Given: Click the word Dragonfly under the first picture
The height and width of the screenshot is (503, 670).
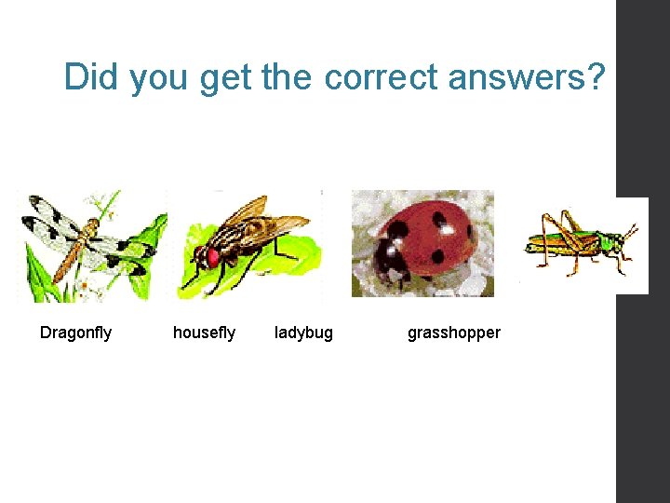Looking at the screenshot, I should click(75, 333).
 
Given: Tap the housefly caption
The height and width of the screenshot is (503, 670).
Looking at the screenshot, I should click(204, 333).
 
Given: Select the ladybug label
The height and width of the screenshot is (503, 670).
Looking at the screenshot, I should click(303, 333).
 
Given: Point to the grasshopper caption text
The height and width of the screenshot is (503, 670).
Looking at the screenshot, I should click(453, 333).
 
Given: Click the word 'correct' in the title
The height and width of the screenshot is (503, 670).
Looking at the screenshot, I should click(382, 76).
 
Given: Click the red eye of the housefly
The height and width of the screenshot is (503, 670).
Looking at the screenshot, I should click(213, 257).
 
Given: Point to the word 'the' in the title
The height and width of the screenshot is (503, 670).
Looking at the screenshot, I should click(288, 76).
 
